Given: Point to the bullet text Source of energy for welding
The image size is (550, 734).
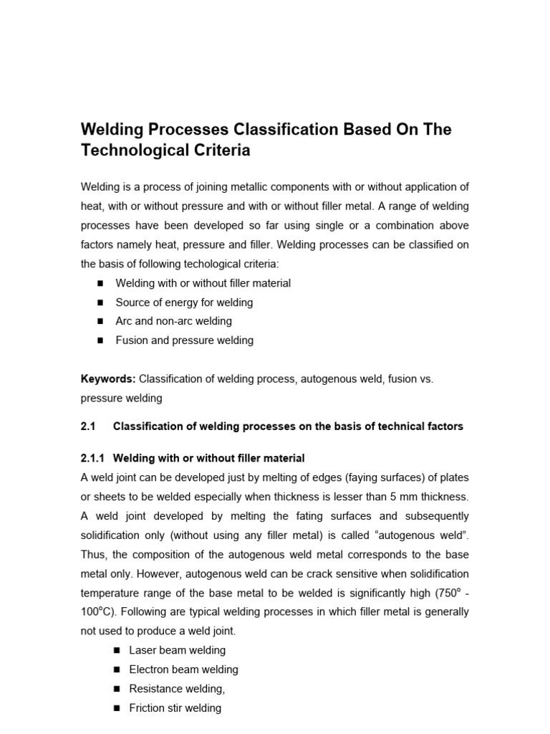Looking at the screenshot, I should coord(184,302).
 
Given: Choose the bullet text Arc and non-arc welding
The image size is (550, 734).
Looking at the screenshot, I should coord(173,321).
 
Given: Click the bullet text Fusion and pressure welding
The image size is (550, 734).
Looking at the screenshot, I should coord(184,340).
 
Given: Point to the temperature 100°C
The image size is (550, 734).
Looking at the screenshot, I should coord(100,612).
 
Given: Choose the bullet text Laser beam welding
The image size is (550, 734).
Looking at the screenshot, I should coord(177,650).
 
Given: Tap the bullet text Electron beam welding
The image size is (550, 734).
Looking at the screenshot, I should coord(183,669).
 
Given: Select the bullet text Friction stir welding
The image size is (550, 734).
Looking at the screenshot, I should coord(175,708).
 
